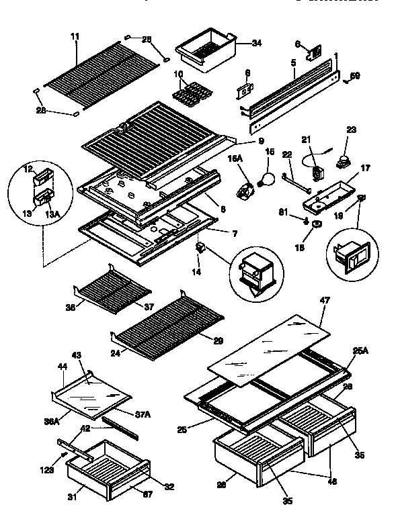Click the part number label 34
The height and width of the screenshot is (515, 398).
tap(237, 43)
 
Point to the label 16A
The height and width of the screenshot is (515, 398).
tap(237, 158)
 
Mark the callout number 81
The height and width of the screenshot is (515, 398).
tap(284, 214)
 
